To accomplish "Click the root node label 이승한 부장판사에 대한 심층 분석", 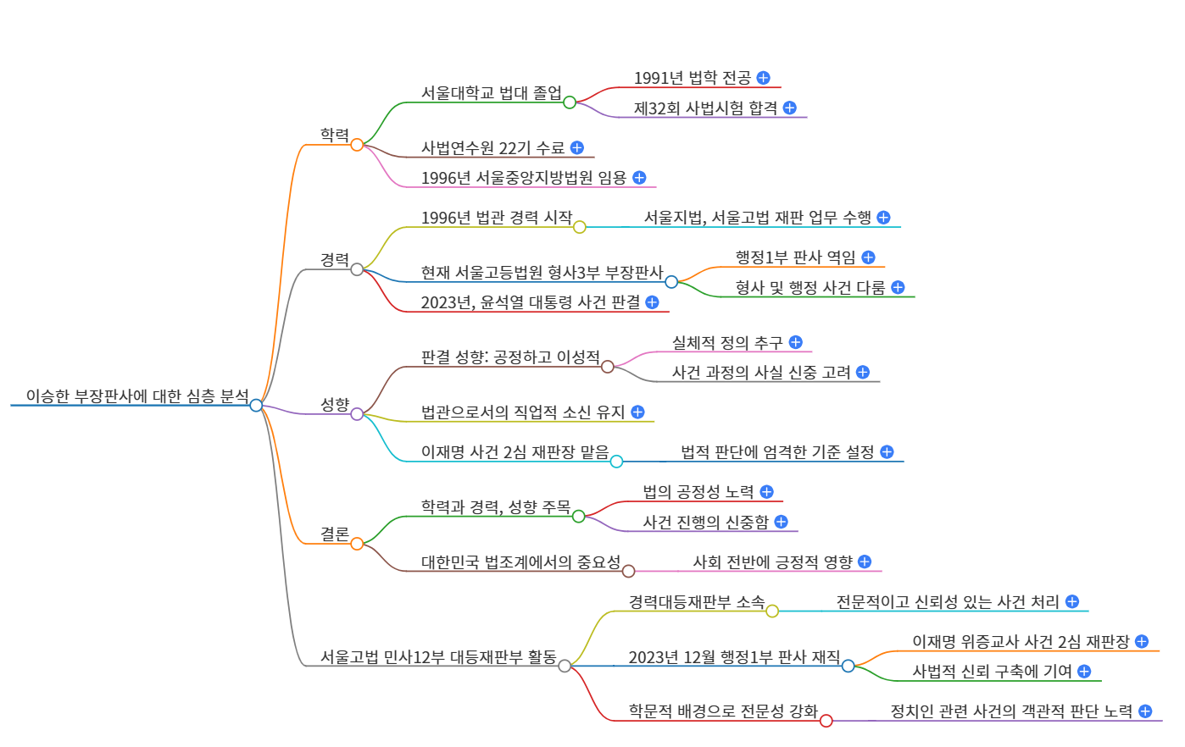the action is click(x=137, y=396).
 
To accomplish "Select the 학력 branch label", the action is click(x=334, y=135).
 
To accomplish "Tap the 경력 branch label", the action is click(x=334, y=259).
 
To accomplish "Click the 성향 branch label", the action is click(x=334, y=404).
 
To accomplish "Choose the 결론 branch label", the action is click(x=334, y=534).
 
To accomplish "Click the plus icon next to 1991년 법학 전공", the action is click(x=763, y=78).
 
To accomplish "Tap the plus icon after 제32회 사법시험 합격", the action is click(x=790, y=108).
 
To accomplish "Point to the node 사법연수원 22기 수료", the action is click(x=492, y=148).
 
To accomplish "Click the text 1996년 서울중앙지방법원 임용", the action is click(x=523, y=178).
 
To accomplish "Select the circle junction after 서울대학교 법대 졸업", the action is click(x=570, y=102).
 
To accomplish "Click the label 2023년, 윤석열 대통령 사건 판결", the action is click(x=531, y=302).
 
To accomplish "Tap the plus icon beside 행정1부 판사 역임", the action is click(x=868, y=257).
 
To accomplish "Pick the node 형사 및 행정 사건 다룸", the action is click(x=809, y=288).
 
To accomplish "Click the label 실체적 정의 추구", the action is click(x=727, y=342).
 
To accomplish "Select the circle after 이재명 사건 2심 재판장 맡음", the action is click(x=616, y=462).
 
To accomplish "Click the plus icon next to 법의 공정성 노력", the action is click(x=766, y=492).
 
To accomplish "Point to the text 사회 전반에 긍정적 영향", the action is click(x=772, y=562).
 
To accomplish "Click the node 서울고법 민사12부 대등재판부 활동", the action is click(x=438, y=657).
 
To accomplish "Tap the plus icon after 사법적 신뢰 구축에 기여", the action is click(x=1084, y=672).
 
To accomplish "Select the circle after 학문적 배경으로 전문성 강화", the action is click(x=826, y=721).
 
